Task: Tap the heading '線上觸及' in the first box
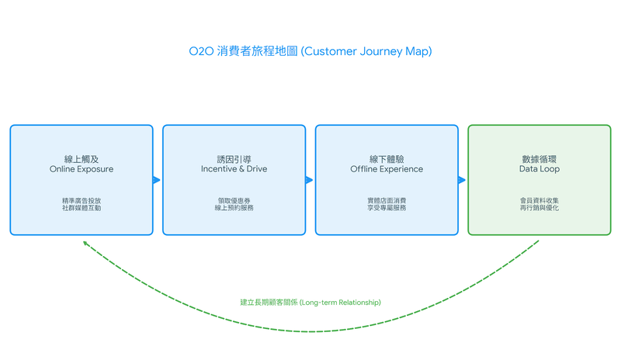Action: pos(82,157)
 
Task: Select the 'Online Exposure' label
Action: pos(82,169)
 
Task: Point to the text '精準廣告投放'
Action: pos(82,200)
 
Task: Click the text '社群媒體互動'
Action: pos(82,209)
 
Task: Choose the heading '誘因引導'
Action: pos(234,157)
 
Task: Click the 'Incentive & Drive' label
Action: pos(234,169)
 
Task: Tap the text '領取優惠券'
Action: pos(234,200)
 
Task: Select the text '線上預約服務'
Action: pos(234,209)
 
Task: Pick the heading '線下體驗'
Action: pos(387,157)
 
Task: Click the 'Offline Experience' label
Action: pos(387,169)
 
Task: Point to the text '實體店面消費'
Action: pos(387,200)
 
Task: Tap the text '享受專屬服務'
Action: pos(387,209)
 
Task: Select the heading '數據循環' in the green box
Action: pos(539,157)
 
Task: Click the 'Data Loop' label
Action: pos(539,169)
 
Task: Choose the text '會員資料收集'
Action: pos(539,200)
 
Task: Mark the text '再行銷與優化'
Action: pos(539,209)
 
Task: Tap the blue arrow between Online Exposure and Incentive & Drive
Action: pos(157,180)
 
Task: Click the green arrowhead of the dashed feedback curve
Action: pos(85,243)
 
